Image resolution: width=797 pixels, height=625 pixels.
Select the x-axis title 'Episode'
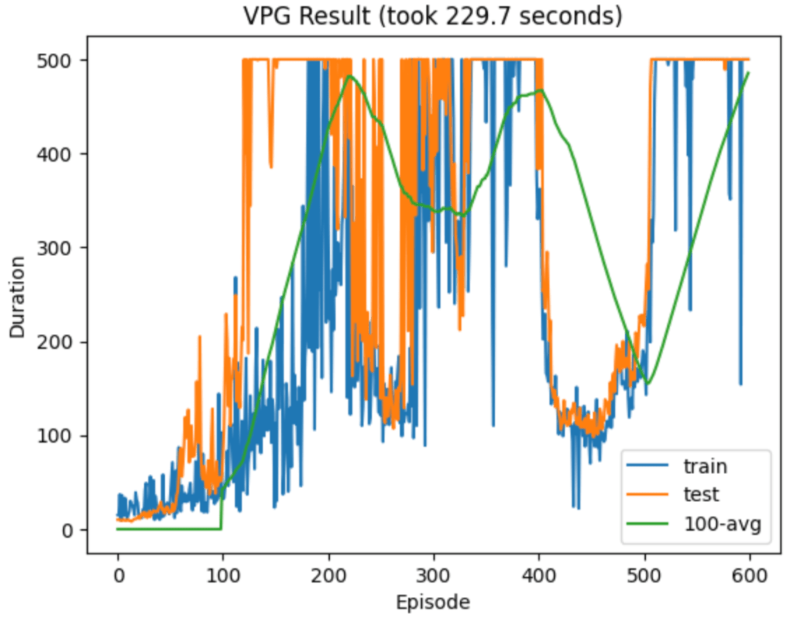(433, 602)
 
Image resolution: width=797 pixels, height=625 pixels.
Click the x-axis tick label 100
(223, 578)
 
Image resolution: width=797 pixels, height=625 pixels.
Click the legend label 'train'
(705, 467)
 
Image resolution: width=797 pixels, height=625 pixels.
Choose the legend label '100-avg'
(721, 522)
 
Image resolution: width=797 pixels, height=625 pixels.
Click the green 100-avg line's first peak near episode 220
(349, 75)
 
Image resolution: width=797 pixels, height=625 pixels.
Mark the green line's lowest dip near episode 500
(648, 383)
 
